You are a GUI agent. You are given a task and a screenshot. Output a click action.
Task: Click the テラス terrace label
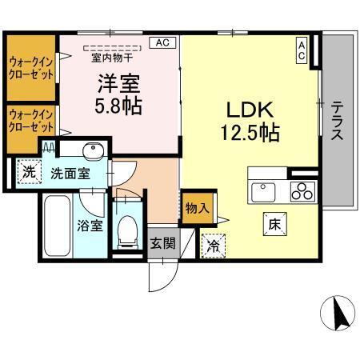click(x=338, y=120)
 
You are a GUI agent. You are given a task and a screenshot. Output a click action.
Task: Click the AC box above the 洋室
click(x=162, y=42)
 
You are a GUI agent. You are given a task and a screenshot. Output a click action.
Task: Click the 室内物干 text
click(x=117, y=56)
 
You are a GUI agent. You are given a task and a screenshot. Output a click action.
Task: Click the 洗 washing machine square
click(x=28, y=171)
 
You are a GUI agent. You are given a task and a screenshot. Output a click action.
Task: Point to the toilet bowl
click(x=126, y=230)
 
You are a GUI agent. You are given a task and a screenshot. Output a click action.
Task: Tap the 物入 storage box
click(x=198, y=208)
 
